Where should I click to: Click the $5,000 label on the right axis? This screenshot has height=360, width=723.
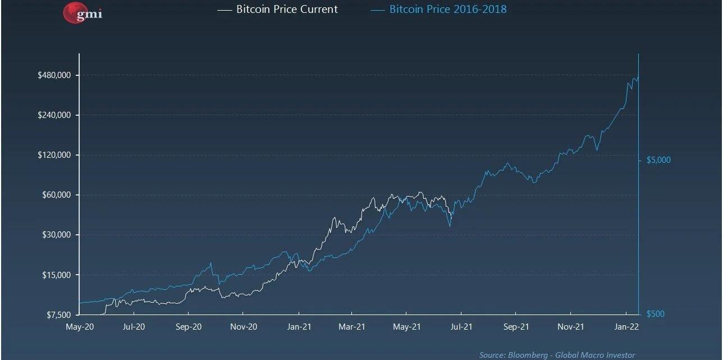pos(658,160)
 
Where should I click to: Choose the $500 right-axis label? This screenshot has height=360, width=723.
pos(655,314)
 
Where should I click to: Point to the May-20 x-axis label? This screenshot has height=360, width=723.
pos(80,326)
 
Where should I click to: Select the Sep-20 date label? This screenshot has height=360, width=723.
pos(189,326)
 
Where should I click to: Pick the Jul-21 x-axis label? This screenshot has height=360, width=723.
pos(460,326)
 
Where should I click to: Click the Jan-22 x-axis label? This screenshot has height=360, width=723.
pos(626,326)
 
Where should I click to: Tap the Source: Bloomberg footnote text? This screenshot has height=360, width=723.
pos(557,355)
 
